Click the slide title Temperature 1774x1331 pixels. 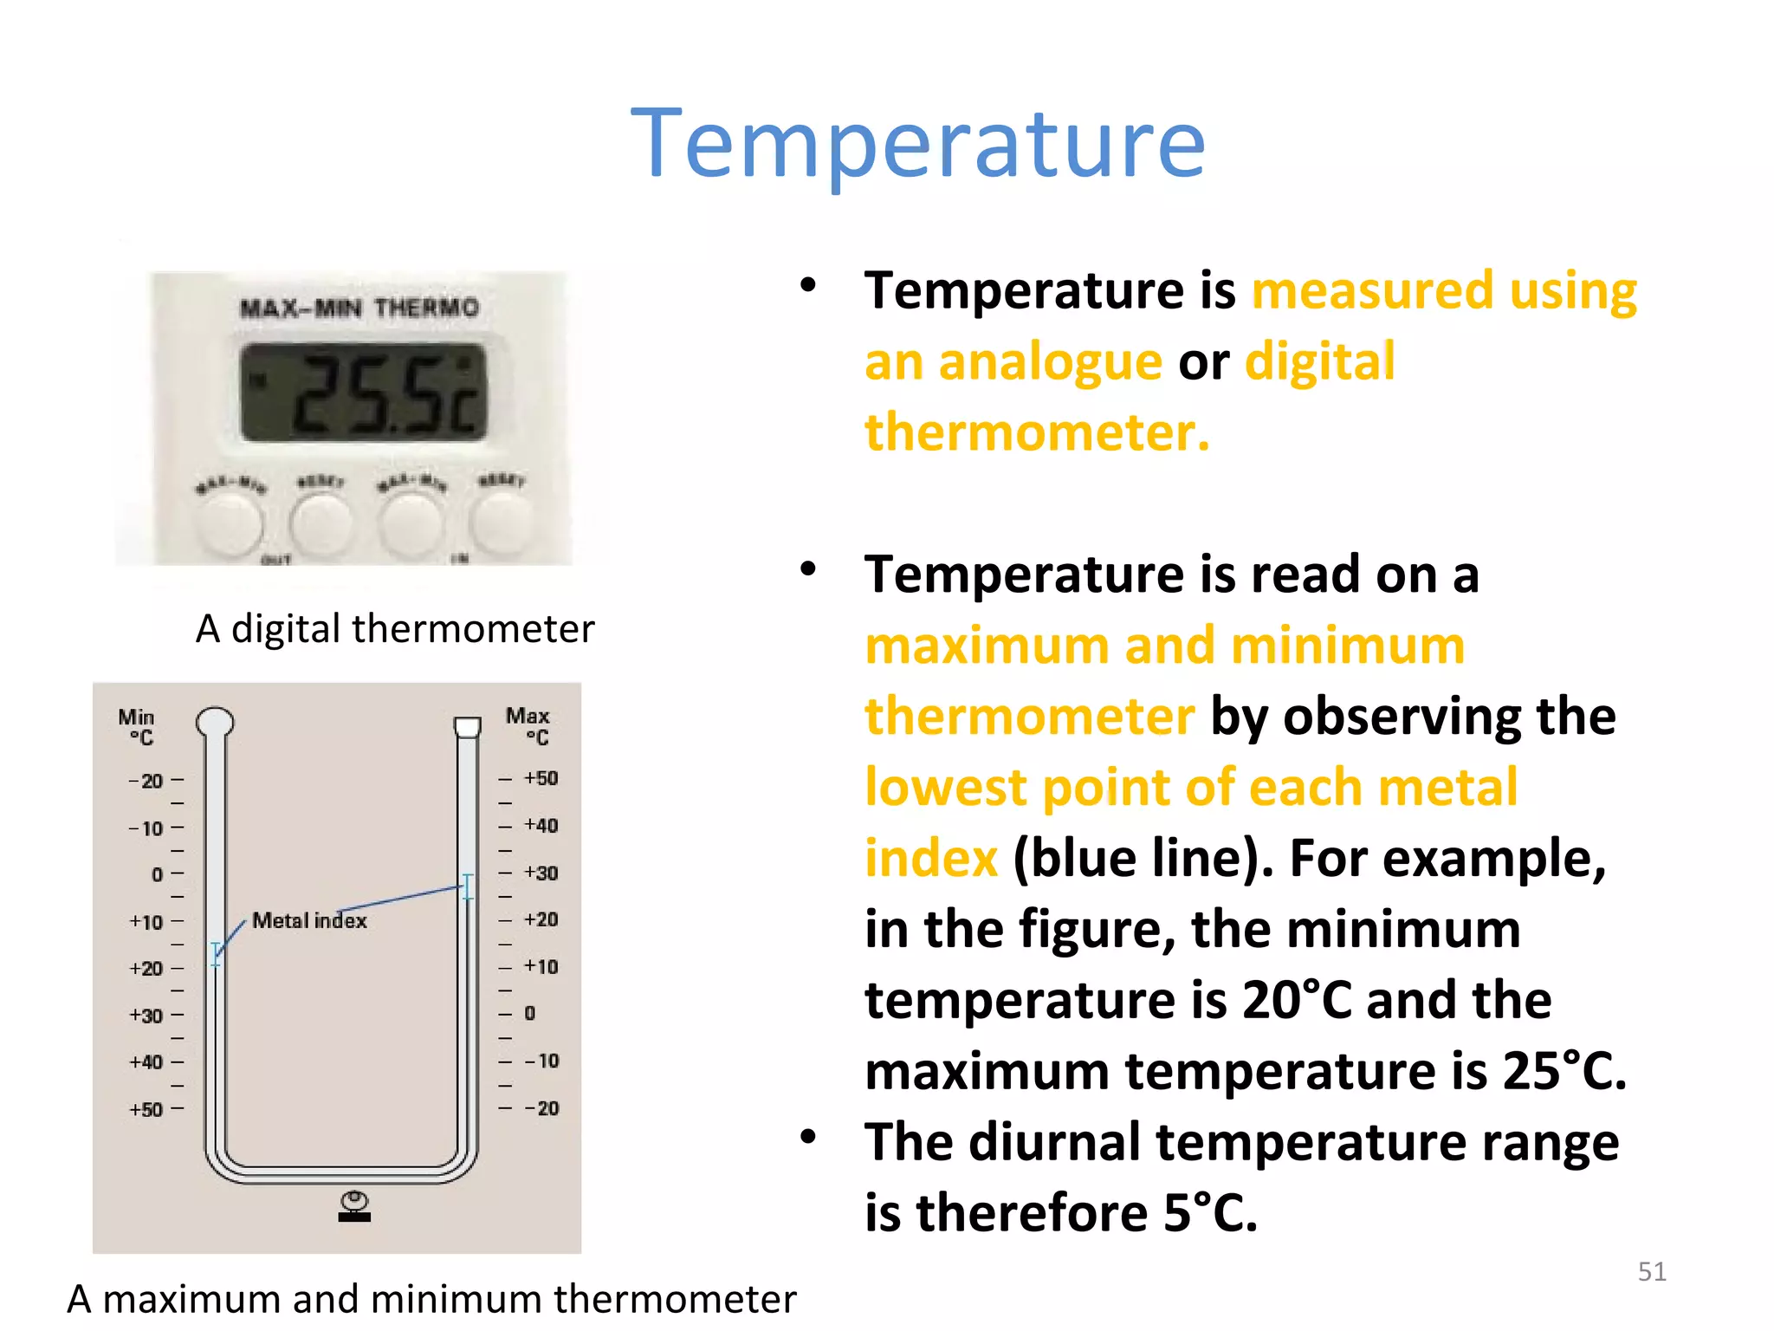coord(918,143)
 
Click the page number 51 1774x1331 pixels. coord(1652,1271)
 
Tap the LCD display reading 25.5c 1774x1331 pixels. coord(364,393)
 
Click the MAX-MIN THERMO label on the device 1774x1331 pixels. coord(359,308)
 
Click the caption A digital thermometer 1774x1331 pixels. coord(395,628)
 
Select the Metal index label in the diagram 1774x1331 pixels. coord(309,920)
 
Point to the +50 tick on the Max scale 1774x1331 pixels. coord(541,778)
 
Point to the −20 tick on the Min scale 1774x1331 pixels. coord(146,781)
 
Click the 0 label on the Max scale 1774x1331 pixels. coord(530,1013)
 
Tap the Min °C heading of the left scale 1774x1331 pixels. coord(137,727)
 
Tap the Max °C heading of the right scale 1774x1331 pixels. coord(528,726)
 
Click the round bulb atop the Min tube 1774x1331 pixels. coord(215,721)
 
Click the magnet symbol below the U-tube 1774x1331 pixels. coord(354,1205)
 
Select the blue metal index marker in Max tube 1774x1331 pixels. coord(468,886)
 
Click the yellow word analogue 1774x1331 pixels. coord(1050,361)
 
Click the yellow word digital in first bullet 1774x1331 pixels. coord(1319,361)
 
